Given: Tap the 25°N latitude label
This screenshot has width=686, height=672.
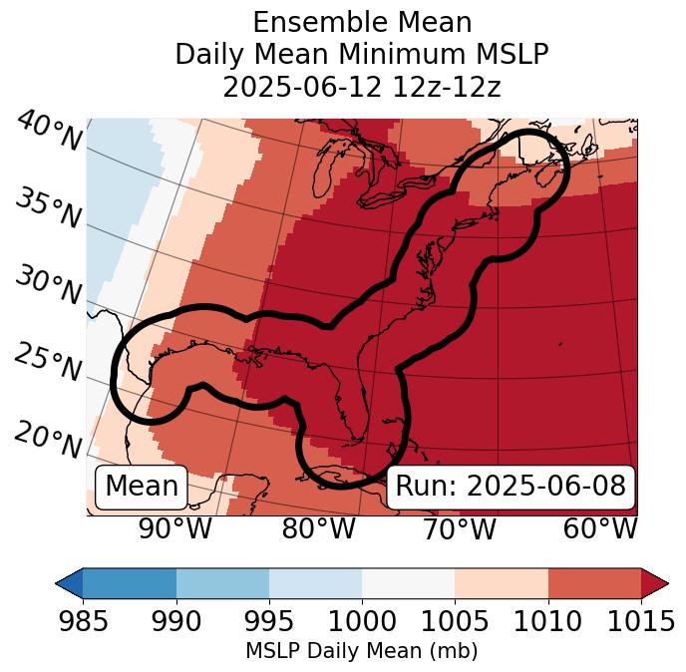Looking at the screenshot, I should pos(48,362).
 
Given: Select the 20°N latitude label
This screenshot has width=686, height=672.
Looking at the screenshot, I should pos(48,438).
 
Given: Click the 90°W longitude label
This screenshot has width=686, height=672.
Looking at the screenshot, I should pos(174,528).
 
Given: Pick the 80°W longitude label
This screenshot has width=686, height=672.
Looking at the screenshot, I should pos(318,528).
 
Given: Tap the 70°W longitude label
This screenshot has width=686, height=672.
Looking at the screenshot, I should pos(459,528).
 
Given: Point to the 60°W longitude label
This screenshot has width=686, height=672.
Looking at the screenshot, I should pos(599,528).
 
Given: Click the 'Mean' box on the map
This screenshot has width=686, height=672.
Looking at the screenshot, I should pos(142,487).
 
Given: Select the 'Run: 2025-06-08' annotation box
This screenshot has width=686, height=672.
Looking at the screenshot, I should pos(510,487).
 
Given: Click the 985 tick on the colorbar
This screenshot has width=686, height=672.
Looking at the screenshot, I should pos(83,621).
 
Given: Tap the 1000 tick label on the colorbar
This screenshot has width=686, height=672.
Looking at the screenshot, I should pos(362,621).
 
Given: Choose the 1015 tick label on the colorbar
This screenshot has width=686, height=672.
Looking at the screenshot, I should pos(640,621).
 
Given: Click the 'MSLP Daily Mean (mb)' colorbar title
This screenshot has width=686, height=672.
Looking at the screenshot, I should pos(361,651).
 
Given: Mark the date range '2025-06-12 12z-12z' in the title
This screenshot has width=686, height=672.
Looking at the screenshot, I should pos(362,87).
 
